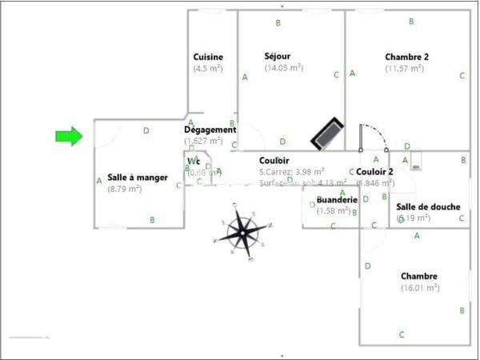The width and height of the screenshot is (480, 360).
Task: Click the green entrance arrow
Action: coord(69,137)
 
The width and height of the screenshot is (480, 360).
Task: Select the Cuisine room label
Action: coord(208,57)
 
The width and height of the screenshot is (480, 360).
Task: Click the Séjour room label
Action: coord(278,56)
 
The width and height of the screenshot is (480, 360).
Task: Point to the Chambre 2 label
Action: coord(406,57)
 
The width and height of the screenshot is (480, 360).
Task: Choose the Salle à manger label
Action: coord(138,178)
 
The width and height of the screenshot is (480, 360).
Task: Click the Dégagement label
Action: coord(210,130)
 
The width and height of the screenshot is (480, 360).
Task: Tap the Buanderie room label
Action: coord(336,200)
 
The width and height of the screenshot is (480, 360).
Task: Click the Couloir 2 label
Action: coord(374,171)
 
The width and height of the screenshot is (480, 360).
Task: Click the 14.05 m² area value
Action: coord(284,68)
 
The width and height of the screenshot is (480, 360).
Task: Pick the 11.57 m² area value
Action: coord(407,69)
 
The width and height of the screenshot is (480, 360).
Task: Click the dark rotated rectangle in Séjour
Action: coord(327,132)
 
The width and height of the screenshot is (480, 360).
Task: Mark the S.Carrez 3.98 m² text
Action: coord(292,171)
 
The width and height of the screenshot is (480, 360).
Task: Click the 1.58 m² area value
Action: coord(334,211)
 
